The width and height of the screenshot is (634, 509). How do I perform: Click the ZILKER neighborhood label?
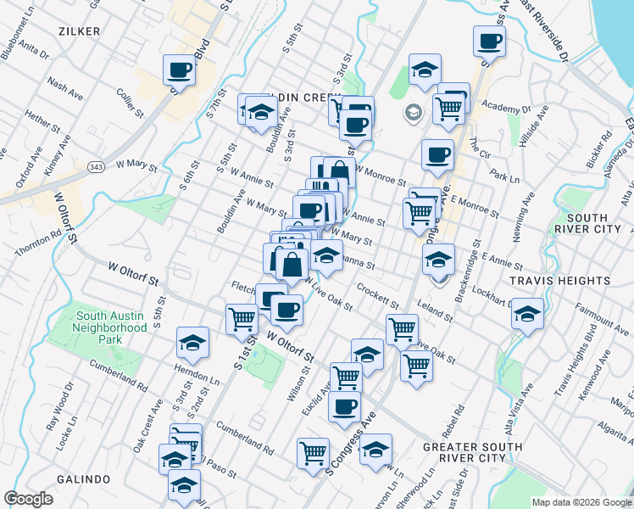tap(80, 31)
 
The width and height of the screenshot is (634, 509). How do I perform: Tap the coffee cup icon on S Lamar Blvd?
tap(180, 70)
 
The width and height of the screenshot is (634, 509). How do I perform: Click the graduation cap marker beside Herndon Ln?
tap(193, 342)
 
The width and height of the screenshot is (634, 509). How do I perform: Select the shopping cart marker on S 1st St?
tap(242, 319)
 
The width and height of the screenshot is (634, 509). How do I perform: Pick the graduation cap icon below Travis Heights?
tap(527, 315)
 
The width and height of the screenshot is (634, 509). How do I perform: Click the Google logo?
tap(29, 499)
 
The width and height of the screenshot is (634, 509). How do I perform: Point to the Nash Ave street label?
tap(64, 85)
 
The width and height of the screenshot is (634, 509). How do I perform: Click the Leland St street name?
tap(435, 310)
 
